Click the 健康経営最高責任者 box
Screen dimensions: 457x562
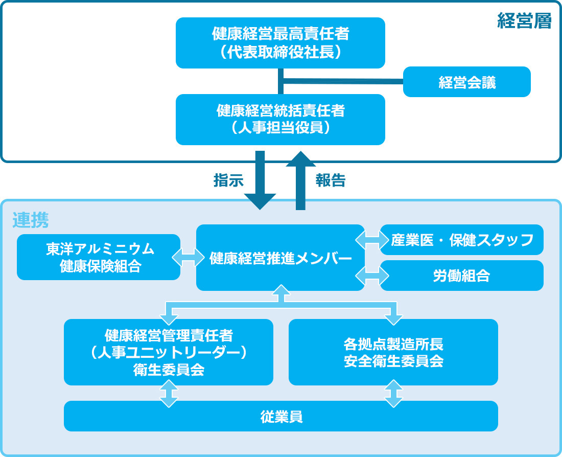tap(280, 42)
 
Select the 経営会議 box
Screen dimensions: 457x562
tap(466, 82)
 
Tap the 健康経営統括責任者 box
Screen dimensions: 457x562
tap(280, 119)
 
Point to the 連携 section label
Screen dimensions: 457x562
tap(31, 220)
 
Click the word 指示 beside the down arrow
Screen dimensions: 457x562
tap(228, 180)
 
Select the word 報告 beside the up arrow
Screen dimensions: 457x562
tap(331, 180)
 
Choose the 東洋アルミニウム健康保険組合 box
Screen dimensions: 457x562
tap(99, 257)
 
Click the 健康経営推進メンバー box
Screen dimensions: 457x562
tap(280, 258)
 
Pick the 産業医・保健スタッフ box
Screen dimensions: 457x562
tap(462, 240)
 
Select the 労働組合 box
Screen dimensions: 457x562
tap(462, 276)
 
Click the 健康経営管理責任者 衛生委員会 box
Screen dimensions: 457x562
tap(168, 352)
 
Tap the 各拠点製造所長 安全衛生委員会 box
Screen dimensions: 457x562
tap(393, 352)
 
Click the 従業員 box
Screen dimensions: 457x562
tap(280, 416)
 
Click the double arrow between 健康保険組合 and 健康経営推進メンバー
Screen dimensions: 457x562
tap(188, 257)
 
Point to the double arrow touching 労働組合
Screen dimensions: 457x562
tap(372, 276)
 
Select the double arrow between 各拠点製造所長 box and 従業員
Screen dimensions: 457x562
tap(393, 393)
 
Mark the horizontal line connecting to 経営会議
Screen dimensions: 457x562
tap(342, 81)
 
